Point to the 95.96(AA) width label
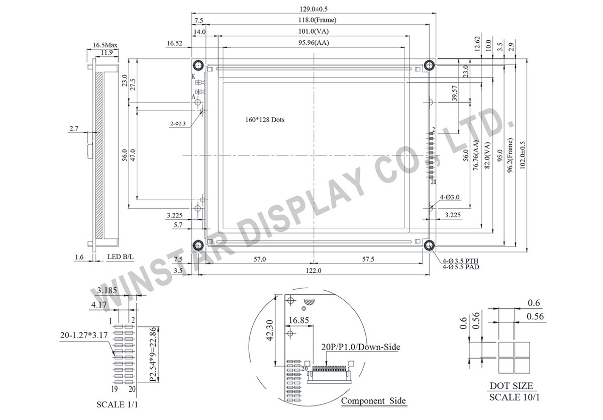[314, 44]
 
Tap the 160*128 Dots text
[264, 120]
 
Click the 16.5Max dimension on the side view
[105, 45]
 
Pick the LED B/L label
[121, 257]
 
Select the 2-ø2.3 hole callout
[178, 123]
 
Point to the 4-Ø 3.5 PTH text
[461, 261]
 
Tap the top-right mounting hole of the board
[429, 65]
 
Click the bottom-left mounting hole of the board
[197, 245]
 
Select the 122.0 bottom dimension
[314, 271]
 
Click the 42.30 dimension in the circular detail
[271, 330]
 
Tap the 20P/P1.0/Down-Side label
[360, 347]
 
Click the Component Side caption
[373, 401]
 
